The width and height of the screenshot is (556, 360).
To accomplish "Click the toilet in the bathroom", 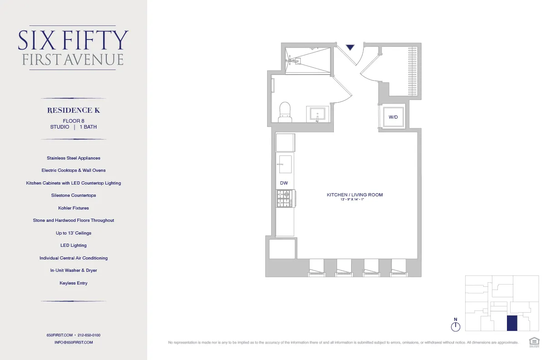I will (285, 111).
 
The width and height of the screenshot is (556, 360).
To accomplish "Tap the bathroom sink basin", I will (318, 113).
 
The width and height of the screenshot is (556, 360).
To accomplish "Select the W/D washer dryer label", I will (393, 117).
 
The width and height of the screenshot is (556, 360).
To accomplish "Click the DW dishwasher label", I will (284, 183).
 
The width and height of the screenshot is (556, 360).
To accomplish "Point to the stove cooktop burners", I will (284, 199).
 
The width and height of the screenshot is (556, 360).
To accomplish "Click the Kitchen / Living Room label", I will (355, 195).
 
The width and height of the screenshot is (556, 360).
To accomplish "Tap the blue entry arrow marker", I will (350, 47).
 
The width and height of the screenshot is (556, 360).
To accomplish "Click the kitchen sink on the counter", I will (285, 164).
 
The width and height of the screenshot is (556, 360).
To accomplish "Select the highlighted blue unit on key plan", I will (512, 323).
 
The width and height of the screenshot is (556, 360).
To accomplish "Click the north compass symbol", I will (456, 326).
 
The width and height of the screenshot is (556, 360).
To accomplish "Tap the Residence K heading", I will (74, 110).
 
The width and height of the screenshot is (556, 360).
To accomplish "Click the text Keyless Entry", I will (74, 283).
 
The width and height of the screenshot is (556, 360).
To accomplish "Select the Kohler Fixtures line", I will (74, 208).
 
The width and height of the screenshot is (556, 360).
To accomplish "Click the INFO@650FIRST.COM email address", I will (74, 342).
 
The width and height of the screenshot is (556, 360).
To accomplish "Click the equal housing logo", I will (534, 341).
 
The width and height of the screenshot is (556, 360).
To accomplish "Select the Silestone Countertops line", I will (74, 195).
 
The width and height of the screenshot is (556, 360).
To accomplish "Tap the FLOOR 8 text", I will (74, 121).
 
